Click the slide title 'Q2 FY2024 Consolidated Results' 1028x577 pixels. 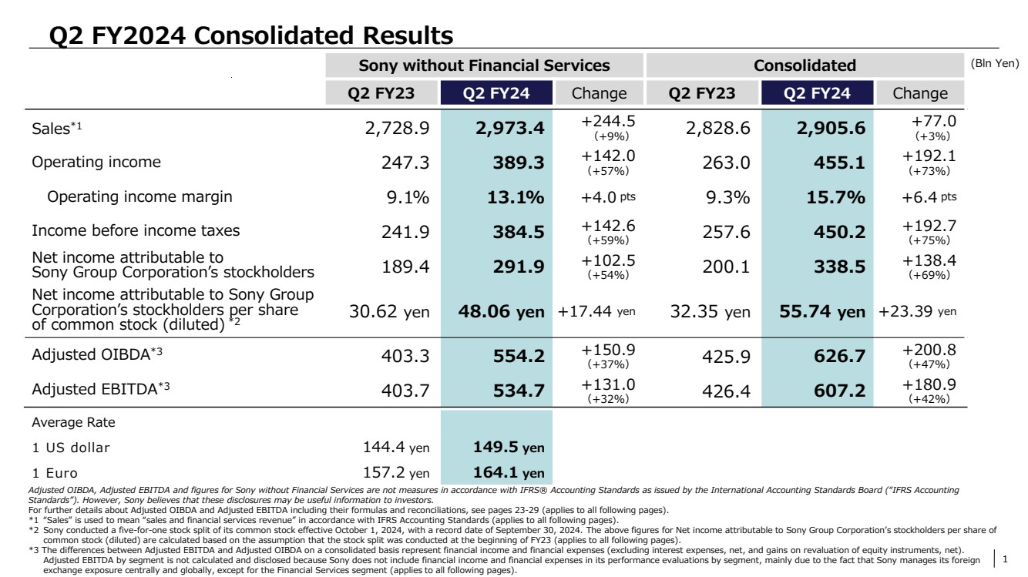pos(250,35)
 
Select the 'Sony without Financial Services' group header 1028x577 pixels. pos(484,65)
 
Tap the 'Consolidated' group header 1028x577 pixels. pos(805,65)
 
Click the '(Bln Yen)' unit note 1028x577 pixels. pos(995,64)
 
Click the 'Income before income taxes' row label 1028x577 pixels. pos(135,230)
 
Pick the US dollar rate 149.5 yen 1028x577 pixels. pos(507,448)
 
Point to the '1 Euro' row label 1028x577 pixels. pos(55,473)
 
